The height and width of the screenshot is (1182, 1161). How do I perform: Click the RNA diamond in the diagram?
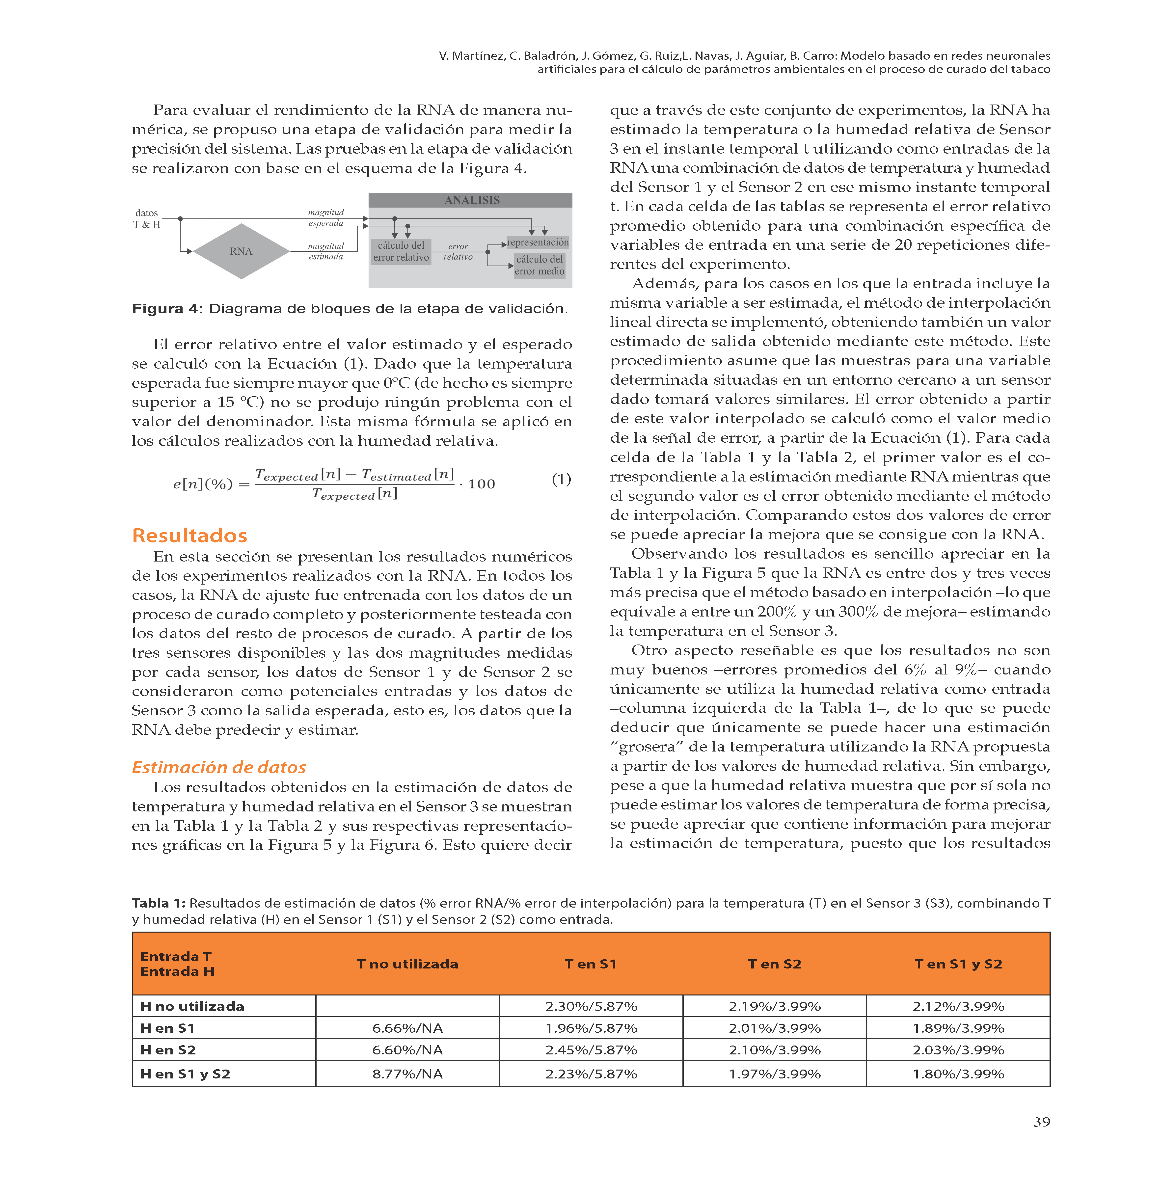click(x=242, y=251)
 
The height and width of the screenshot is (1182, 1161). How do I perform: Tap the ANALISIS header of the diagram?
click(x=471, y=200)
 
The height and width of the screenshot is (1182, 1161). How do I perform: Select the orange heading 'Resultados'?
click(x=190, y=535)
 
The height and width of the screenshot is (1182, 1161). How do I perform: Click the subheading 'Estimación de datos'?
click(x=219, y=767)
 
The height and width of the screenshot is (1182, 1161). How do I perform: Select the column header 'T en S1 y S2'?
click(x=958, y=964)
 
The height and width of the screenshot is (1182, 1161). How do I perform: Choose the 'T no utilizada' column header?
click(x=407, y=964)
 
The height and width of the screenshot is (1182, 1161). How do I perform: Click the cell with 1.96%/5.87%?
click(x=591, y=1028)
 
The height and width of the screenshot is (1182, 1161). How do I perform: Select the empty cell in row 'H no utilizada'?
click(x=407, y=1006)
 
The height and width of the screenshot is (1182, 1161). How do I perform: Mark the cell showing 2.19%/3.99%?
click(x=774, y=1006)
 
